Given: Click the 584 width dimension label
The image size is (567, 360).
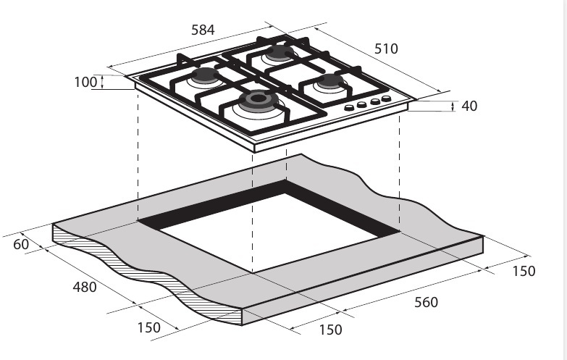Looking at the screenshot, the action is pos(203,30).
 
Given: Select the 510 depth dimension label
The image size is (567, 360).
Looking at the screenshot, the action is pos(386,49).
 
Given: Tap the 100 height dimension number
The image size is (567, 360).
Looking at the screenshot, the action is pos(85,82).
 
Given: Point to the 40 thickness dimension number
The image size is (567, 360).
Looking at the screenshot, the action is pos(469,106).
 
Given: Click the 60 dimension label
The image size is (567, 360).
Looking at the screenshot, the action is pos(21,244).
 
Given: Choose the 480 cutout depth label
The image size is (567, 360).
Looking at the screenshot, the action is pos(85,288).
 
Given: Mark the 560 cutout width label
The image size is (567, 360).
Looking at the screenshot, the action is pos(426,302).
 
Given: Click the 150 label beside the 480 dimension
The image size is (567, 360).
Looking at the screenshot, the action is pos(149,328).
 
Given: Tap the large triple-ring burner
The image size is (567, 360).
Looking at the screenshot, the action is pos(259,100).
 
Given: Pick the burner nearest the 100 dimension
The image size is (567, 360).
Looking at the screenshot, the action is pos(206,75).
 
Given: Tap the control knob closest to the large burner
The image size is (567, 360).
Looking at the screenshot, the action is pos(349,108).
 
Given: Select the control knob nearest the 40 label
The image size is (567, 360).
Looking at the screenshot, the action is pos(386,99).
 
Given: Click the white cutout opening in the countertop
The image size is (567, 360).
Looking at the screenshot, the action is pos(269,232).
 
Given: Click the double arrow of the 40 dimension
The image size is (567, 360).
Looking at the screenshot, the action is pos(453,106).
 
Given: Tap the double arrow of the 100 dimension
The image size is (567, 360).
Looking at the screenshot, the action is pos(102,82).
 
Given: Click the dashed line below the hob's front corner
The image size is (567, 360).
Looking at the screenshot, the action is pos(253,212).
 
